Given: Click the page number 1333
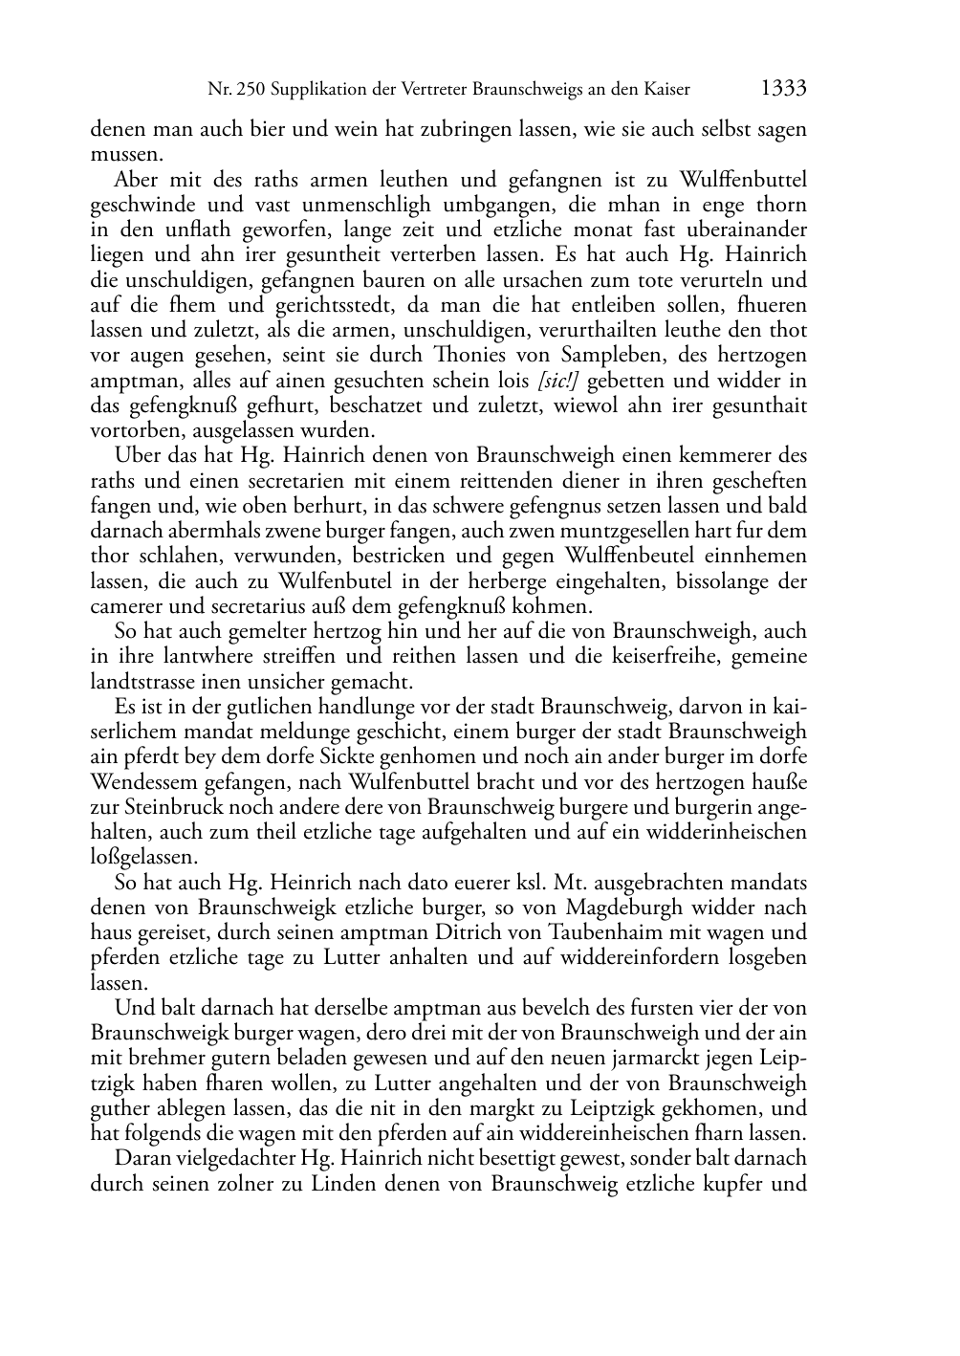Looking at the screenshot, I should (x=783, y=89).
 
